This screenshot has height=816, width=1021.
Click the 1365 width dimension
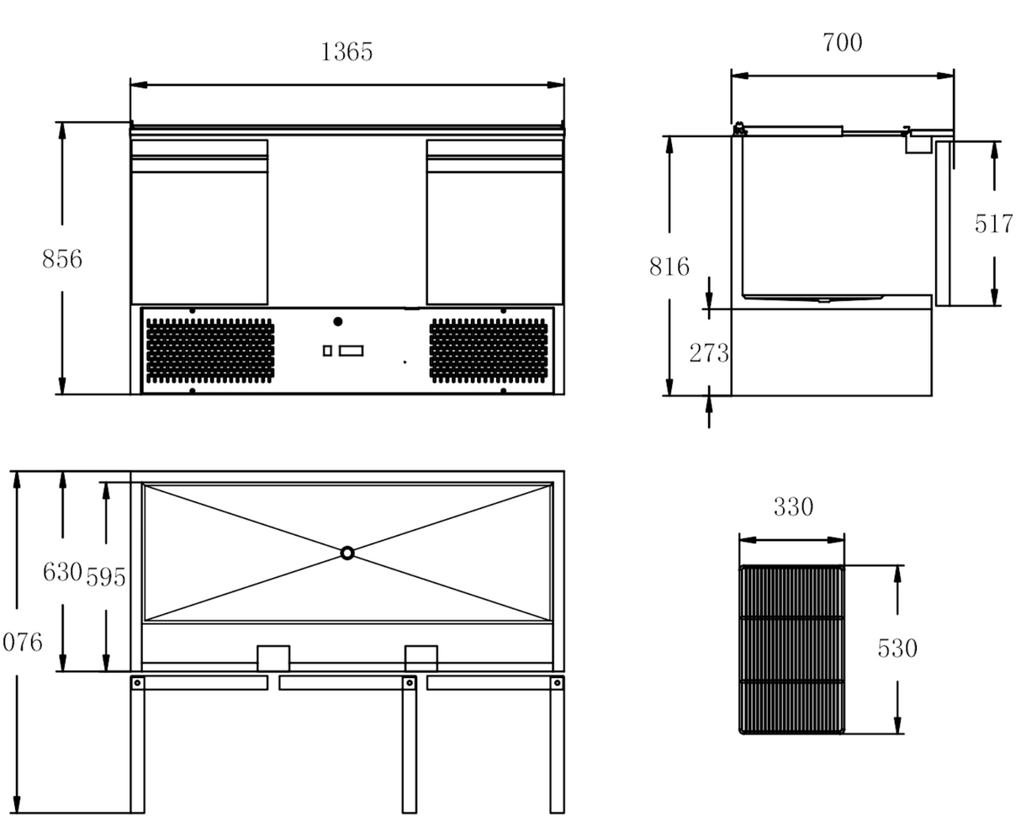click(x=346, y=52)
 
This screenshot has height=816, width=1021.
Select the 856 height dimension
click(x=62, y=259)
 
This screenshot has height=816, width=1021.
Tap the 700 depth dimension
click(x=842, y=42)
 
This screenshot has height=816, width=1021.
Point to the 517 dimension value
click(x=993, y=224)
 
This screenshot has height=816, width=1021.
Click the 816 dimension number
click(x=669, y=267)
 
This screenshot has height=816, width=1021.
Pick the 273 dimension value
click(x=708, y=353)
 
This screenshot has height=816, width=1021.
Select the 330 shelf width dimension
click(x=793, y=507)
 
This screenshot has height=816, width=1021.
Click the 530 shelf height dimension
click(x=897, y=649)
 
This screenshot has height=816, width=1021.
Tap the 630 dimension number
click(x=62, y=573)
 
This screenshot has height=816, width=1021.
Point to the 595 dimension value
click(x=106, y=577)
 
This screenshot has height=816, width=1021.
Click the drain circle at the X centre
click(x=347, y=553)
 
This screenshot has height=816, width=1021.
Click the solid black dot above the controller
click(x=338, y=321)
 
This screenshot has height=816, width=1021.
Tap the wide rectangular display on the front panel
click(x=352, y=350)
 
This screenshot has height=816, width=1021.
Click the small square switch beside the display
click(x=327, y=350)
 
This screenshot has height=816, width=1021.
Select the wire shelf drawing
click(x=791, y=649)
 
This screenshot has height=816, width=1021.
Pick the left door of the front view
click(x=199, y=222)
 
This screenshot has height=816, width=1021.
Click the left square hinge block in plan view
click(x=272, y=658)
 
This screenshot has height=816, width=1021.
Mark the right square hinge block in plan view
click(x=421, y=658)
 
